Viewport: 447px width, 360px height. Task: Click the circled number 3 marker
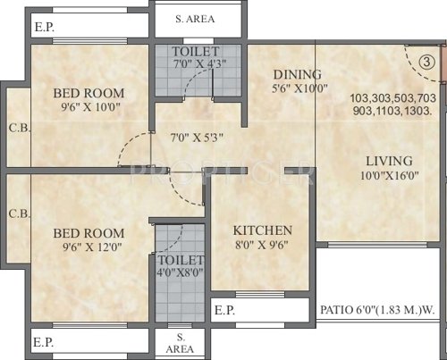tap(427, 63)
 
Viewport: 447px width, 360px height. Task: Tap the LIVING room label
tap(389, 161)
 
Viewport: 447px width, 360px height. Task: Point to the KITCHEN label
tap(262, 230)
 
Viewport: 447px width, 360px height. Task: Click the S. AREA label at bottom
tap(181, 341)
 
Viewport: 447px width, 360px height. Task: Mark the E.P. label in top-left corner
tap(44, 28)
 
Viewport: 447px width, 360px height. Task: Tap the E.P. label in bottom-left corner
tap(44, 341)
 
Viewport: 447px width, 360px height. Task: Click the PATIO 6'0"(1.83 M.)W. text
tap(380, 311)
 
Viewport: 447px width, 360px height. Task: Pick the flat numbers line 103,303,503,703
tap(393, 98)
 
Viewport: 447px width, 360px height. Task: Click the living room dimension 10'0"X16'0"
tap(389, 178)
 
